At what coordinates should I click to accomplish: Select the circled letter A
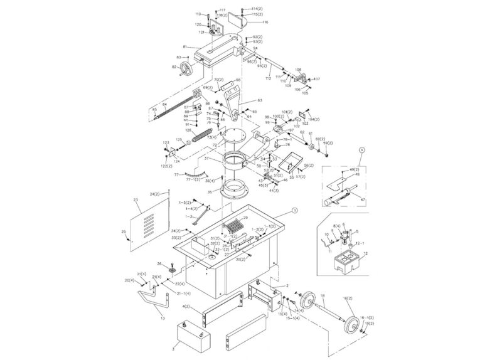[x=361, y=150]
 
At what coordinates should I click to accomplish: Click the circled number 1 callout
[x=296, y=211]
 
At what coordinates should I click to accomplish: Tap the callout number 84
[x=164, y=104]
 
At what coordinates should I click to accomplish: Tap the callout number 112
[x=268, y=78]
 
